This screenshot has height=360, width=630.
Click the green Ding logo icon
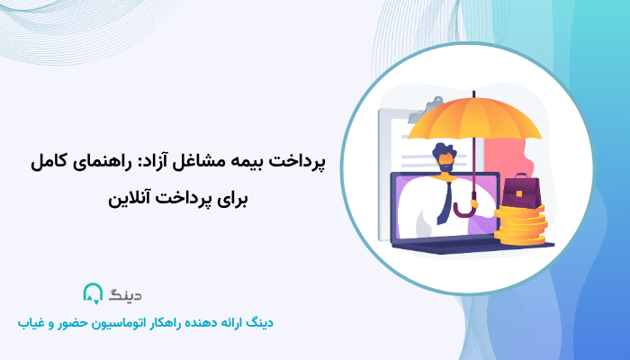(x=93, y=294)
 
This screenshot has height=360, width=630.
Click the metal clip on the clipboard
(x=393, y=115)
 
